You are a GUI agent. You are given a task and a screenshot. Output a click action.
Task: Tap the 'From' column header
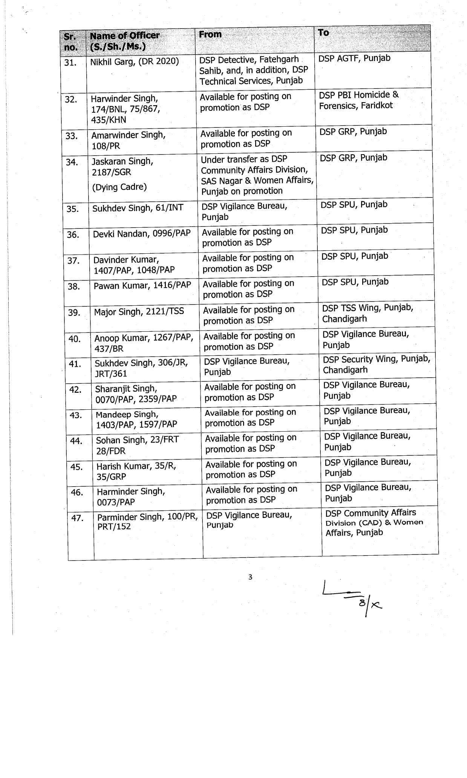210,34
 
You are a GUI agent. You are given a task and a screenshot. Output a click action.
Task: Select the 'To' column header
323,33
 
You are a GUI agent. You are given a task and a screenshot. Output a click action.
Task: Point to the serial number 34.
72,162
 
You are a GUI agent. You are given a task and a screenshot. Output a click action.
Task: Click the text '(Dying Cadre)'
119,187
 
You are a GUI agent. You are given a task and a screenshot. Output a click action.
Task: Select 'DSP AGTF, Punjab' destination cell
354,58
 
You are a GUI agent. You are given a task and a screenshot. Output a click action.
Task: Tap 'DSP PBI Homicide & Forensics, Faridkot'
358,100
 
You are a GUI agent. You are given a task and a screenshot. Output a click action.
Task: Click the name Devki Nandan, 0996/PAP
142,234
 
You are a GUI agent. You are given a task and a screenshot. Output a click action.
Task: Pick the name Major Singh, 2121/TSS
139,311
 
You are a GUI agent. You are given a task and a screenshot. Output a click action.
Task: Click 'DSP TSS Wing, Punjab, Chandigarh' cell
367,313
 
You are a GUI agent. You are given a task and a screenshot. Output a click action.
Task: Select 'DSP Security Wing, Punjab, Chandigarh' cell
376,364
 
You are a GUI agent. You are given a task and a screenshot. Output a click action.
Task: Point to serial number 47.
77,518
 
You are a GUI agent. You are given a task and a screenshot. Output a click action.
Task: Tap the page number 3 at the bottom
250,577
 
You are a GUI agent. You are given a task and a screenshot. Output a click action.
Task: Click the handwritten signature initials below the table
352,600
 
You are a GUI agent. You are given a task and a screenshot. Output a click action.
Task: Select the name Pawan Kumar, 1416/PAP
142,285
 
